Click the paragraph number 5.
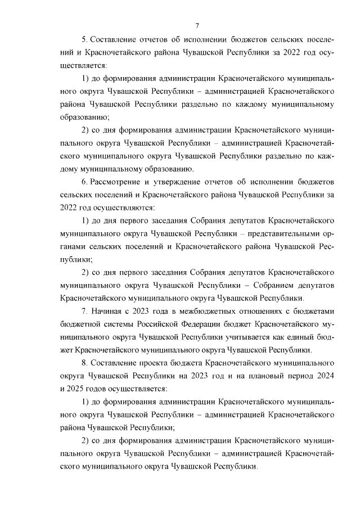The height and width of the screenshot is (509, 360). (x=84, y=41)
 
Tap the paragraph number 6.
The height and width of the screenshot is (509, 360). (x=84, y=183)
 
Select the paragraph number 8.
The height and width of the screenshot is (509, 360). (x=84, y=363)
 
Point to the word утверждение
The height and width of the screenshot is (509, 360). (x=178, y=183)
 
